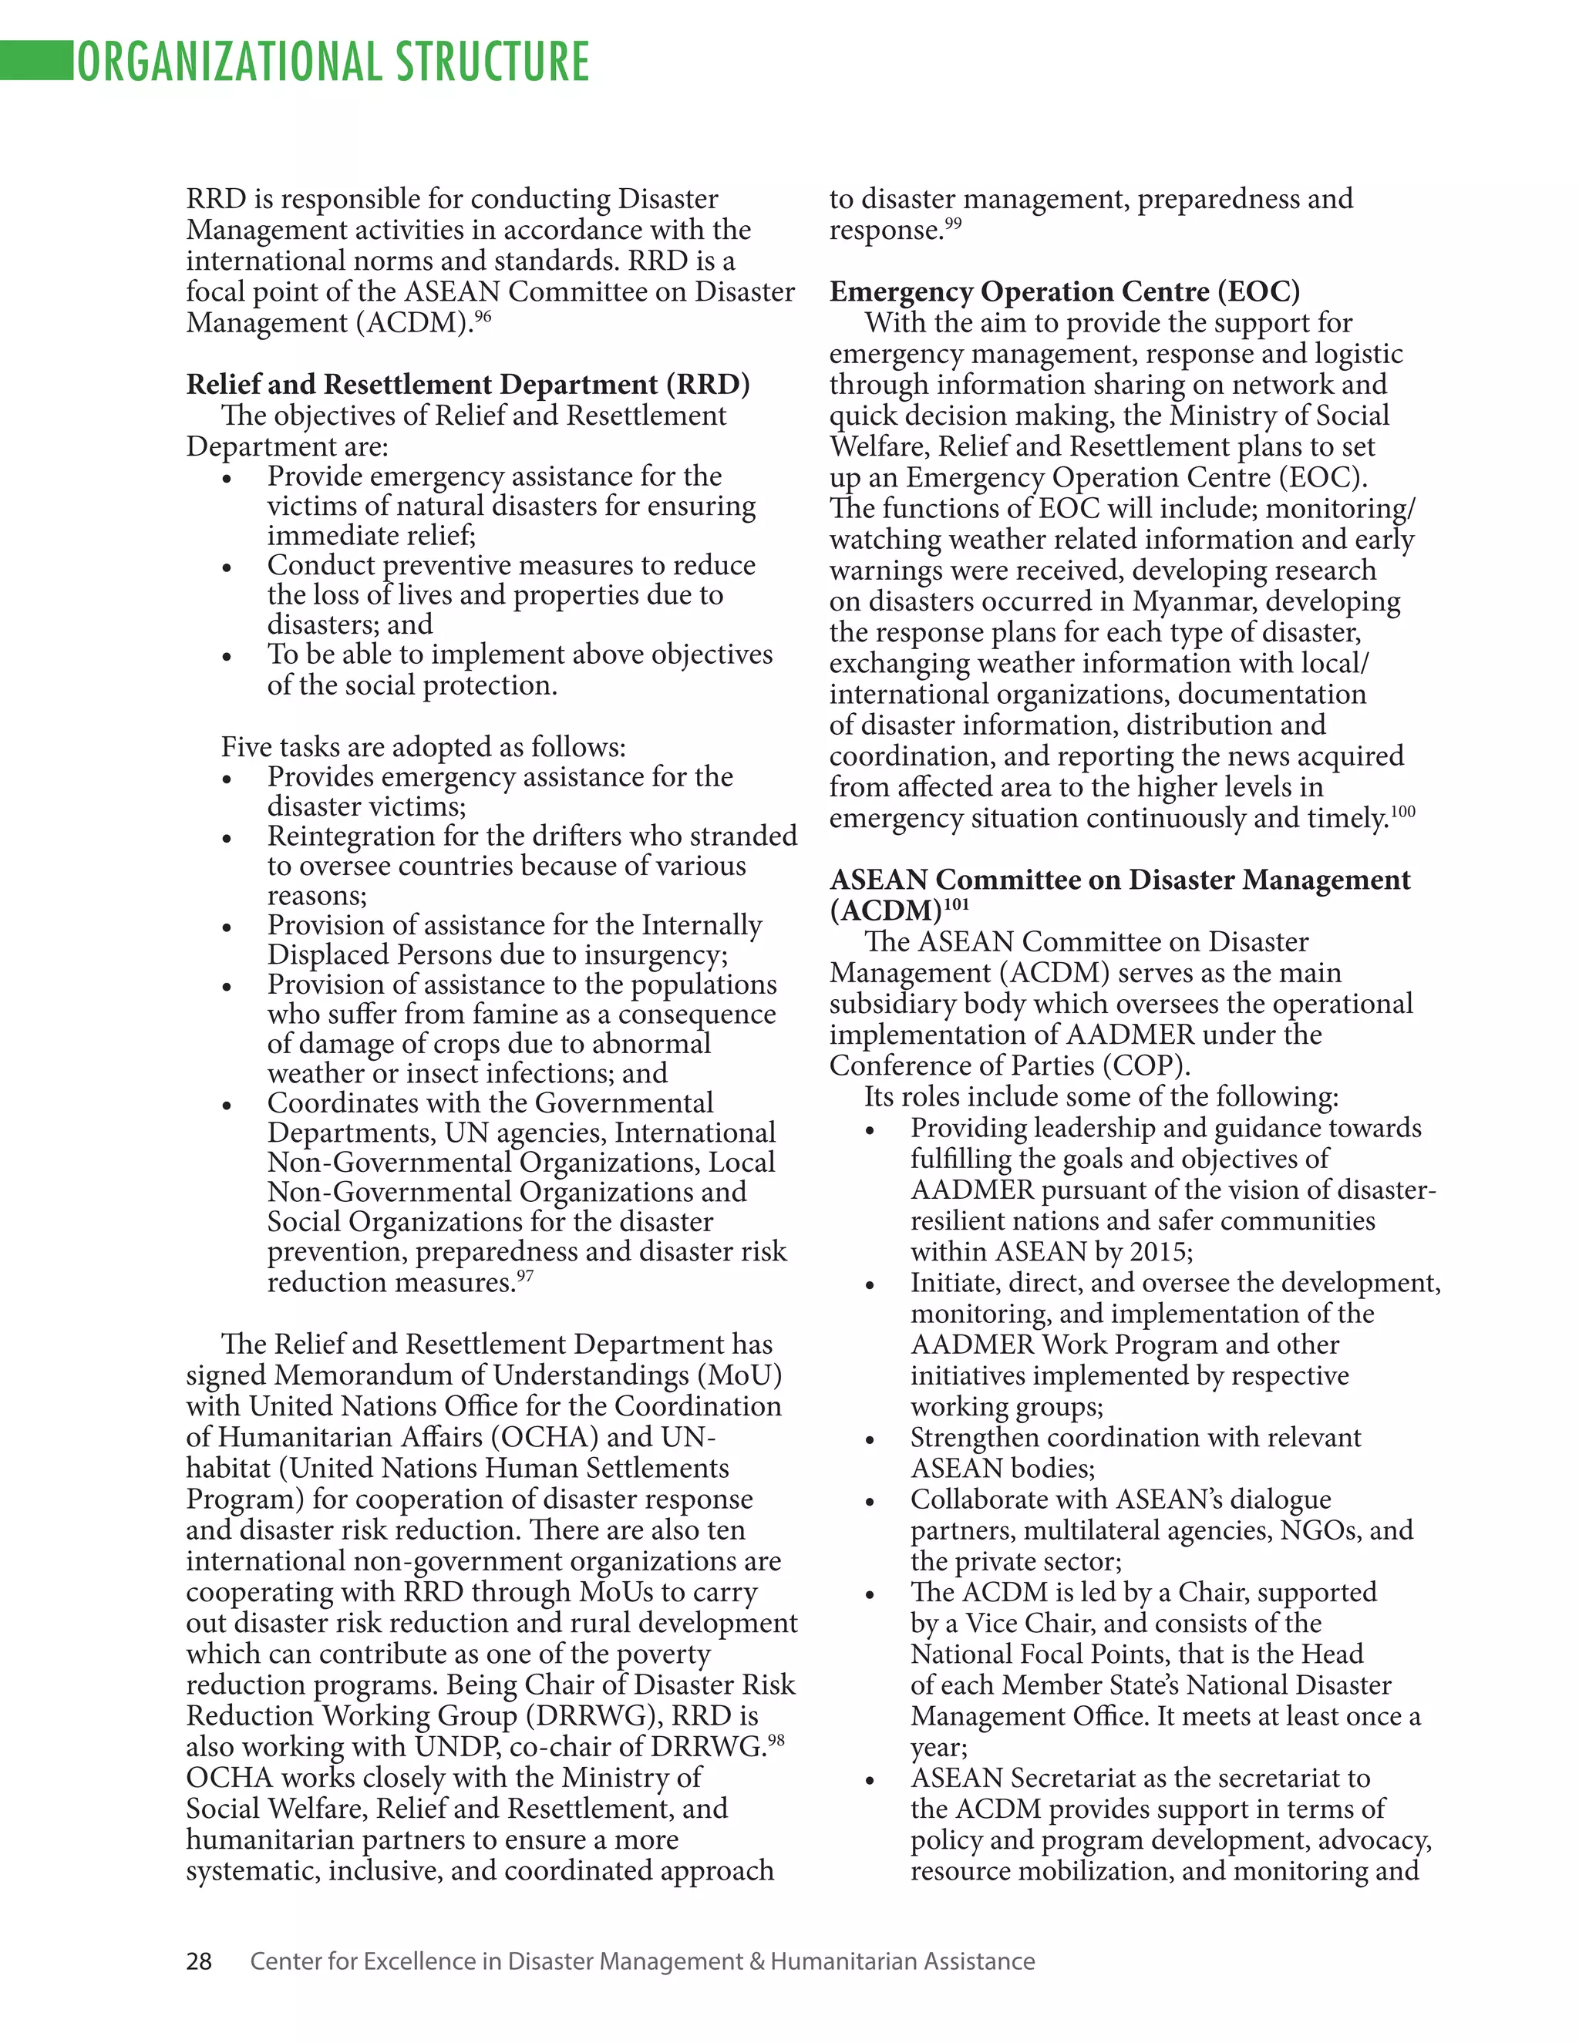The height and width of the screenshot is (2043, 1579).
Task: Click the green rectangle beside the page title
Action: tap(36, 61)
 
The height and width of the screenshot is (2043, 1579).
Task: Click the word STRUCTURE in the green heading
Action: tap(492, 62)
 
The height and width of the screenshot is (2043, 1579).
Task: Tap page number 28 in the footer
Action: tap(199, 1961)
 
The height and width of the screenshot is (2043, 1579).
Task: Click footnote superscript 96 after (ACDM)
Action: tap(483, 316)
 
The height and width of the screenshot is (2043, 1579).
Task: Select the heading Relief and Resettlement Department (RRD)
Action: tap(468, 385)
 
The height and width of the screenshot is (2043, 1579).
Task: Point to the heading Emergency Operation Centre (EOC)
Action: tap(1065, 292)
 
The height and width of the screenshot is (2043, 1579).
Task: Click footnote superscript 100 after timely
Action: tap(1403, 812)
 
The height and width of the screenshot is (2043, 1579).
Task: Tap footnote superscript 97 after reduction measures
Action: tap(525, 1276)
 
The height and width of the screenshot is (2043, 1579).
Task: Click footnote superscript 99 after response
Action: tap(952, 224)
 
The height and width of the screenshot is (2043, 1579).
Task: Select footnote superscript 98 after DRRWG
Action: tap(776, 1740)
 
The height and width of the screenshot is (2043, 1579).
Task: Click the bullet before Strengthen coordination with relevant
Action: tap(870, 1441)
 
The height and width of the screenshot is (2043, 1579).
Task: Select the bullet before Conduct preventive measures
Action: tap(227, 568)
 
